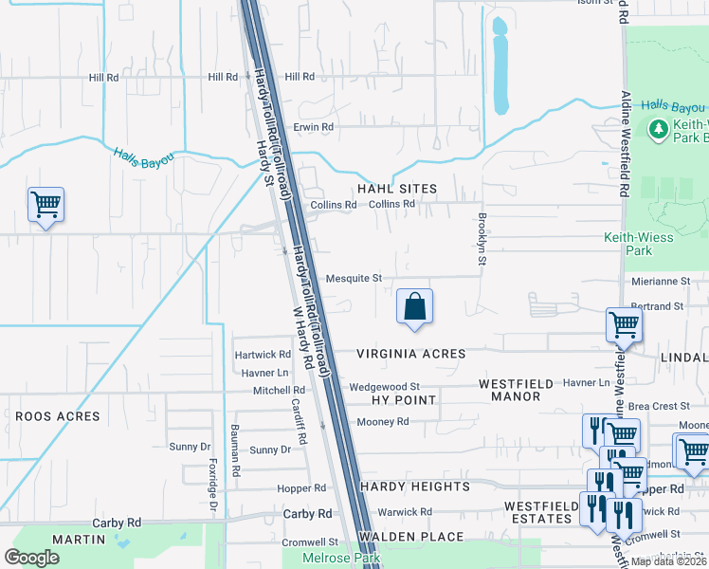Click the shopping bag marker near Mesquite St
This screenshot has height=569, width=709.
point(414,307)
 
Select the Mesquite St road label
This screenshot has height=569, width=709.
point(353,279)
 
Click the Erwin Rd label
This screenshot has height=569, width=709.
point(314,126)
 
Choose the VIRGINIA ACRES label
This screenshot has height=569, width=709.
point(411,354)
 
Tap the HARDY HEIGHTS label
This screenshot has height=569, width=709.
point(415,486)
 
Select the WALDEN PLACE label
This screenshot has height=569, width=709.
point(417,537)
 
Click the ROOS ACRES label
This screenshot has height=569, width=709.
point(57,416)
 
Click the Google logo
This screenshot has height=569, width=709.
point(31,558)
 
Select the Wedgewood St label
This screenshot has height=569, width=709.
point(384,387)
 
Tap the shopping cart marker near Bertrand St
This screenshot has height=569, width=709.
point(625,324)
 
